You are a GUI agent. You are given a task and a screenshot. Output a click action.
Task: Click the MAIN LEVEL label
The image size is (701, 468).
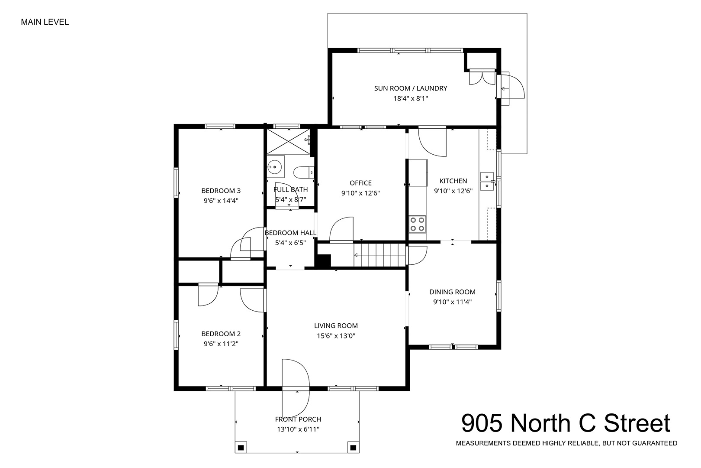tap(45, 22)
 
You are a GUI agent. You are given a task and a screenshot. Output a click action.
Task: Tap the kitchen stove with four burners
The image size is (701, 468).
tap(418, 224)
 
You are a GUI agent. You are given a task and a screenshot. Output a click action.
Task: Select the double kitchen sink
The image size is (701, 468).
tap(487, 182)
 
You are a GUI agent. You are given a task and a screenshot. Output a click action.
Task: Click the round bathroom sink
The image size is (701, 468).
tap(275, 167)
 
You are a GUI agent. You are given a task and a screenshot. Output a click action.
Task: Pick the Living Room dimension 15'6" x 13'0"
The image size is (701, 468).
tap(336, 336)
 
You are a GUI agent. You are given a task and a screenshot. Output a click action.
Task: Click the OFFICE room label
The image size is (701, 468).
tap(361, 183)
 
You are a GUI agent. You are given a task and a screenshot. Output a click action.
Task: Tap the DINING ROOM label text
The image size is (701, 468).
tap(453, 292)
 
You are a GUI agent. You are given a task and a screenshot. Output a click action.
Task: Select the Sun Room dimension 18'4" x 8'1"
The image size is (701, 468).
tap(411, 99)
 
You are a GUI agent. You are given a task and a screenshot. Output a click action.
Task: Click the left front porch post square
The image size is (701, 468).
tap(241, 448)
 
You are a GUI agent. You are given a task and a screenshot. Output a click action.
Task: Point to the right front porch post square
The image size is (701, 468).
tap(353, 448)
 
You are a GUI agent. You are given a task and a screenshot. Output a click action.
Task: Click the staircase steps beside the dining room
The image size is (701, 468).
tap(379, 256)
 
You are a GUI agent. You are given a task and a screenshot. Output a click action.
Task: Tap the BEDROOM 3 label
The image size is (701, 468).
tap(221, 191)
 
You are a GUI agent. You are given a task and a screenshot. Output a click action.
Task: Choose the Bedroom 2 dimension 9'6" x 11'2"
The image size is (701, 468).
tap(221, 344)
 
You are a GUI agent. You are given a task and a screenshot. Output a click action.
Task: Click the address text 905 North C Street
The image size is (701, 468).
tap(566, 423)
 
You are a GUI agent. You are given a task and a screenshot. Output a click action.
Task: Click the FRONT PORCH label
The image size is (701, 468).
tap(298, 419)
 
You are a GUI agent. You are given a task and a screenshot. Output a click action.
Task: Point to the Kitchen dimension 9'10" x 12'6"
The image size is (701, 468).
tap(453, 191)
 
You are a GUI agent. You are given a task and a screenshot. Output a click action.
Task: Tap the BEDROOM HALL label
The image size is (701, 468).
tap(291, 233)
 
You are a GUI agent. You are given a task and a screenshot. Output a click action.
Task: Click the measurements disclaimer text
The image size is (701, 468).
tap(567, 443)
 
